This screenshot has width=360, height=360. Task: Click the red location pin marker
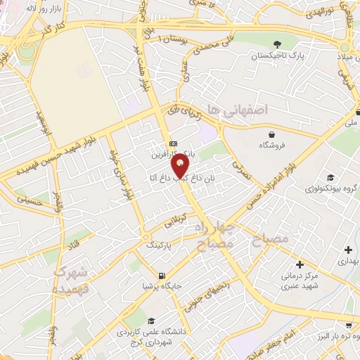(181, 165)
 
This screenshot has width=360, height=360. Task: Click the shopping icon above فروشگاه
(271, 134)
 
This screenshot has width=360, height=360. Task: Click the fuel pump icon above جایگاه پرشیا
(162, 275)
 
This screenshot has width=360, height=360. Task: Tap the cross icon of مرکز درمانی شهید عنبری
(300, 265)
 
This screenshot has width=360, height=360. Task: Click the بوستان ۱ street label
(172, 38)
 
